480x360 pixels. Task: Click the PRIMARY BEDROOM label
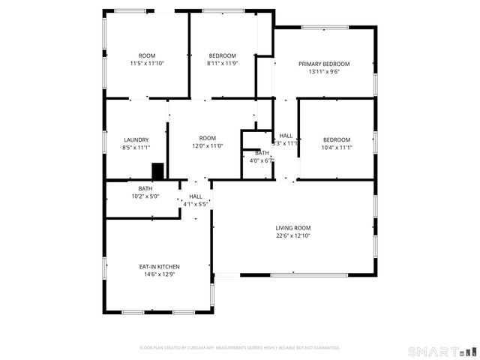(x=324, y=64)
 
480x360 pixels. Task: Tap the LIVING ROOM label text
(x=292, y=228)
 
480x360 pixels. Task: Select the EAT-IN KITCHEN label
(x=159, y=266)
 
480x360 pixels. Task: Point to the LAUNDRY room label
(x=136, y=139)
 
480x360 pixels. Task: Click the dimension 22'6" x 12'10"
(x=292, y=236)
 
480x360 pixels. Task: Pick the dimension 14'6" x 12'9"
(x=159, y=274)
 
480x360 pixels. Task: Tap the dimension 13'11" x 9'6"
(x=324, y=73)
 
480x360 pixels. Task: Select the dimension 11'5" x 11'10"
(x=147, y=64)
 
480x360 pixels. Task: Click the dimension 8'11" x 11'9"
(x=222, y=64)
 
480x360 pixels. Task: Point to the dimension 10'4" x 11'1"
(x=337, y=148)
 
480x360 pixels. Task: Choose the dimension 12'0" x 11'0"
(x=208, y=146)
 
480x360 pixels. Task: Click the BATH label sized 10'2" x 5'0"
(x=145, y=188)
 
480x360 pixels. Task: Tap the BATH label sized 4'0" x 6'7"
(x=262, y=152)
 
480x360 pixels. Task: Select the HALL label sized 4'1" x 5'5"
(x=196, y=196)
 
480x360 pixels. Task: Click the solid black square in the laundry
(x=157, y=171)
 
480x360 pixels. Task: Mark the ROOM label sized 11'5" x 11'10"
(x=147, y=55)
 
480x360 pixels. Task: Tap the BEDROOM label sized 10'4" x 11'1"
(x=337, y=139)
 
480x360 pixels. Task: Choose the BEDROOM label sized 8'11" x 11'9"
(x=222, y=55)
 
